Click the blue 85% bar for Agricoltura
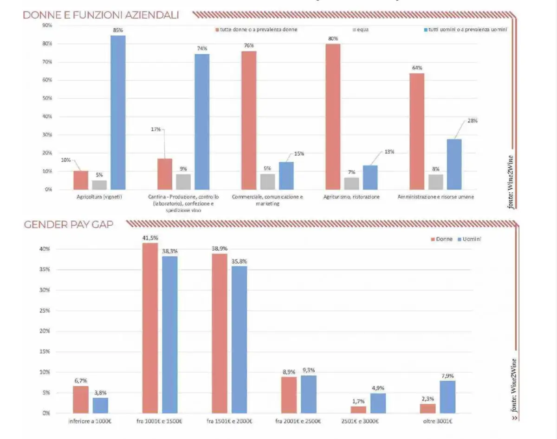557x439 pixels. click(x=118, y=112)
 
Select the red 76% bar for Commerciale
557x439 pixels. click(x=249, y=120)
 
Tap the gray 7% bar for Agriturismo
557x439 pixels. click(x=351, y=183)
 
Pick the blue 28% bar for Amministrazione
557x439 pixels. click(x=454, y=164)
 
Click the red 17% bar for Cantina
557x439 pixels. click(x=165, y=174)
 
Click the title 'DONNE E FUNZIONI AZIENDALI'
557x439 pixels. click(x=101, y=15)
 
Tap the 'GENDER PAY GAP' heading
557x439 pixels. click(x=68, y=225)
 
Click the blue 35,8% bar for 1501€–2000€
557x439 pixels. click(x=240, y=339)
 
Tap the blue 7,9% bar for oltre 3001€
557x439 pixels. click(x=447, y=397)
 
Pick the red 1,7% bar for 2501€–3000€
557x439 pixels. click(x=358, y=410)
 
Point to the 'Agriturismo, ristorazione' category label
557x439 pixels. click(x=351, y=197)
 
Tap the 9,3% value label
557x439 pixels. click(x=308, y=370)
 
